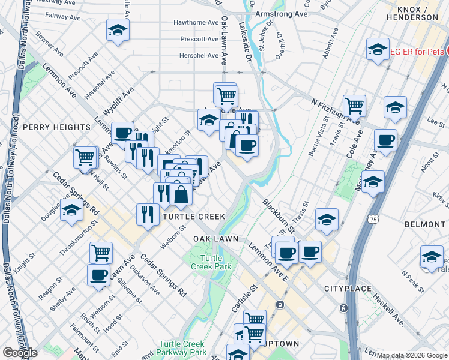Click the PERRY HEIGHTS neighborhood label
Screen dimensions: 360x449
pyautogui.click(x=56, y=127)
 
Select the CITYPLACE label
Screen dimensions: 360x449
pyautogui.click(x=345, y=289)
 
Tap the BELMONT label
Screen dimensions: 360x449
pyautogui.click(x=424, y=224)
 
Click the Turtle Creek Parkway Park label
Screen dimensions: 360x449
pyautogui.click(x=182, y=348)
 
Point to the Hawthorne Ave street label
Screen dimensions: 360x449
pyautogui.click(x=196, y=22)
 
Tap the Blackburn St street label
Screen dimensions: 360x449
pyautogui.click(x=278, y=217)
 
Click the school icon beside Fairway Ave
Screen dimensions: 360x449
pyautogui.click(x=118, y=29)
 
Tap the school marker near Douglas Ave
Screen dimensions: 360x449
pyautogui.click(x=71, y=211)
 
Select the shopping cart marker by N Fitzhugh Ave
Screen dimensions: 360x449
pyautogui.click(x=355, y=106)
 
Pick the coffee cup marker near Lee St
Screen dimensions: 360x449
pyautogui.click(x=385, y=140)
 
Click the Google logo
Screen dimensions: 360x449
pyautogui.click(x=20, y=353)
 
